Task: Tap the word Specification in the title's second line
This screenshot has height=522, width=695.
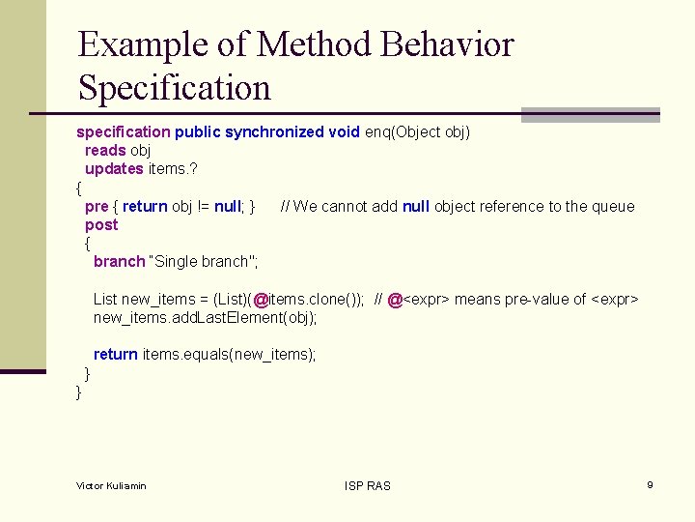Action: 175,88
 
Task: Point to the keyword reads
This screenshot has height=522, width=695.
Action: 105,150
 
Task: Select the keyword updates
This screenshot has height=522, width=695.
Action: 115,168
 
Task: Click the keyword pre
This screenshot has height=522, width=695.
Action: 97,206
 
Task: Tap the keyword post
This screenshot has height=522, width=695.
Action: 101,224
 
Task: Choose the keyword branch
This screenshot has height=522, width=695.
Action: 119,262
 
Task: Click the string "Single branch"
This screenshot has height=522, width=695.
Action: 203,262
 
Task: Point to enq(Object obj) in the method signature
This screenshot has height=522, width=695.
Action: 417,131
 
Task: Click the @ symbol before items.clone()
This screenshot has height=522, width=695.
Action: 261,300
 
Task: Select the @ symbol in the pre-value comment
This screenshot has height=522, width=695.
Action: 395,300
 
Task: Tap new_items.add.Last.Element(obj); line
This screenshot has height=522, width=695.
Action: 205,318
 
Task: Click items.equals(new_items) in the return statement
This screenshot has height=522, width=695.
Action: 229,355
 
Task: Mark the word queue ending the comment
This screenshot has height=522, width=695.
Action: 614,206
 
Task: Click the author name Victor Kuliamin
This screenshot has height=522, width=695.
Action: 111,485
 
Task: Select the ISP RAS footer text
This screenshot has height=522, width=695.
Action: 368,485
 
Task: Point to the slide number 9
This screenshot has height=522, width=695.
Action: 651,484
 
